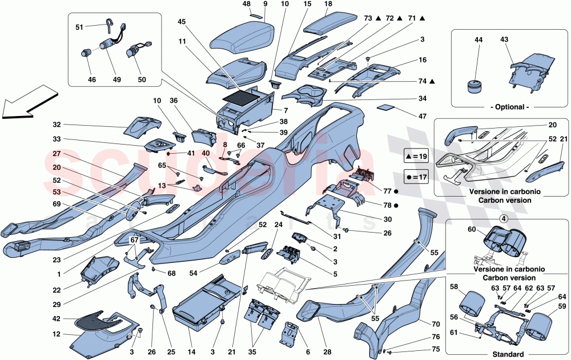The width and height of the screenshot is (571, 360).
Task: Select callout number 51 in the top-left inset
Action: pos(79,26)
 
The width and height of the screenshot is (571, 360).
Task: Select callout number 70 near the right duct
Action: pos(436,323)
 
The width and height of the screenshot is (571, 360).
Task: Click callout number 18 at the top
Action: pos(328,4)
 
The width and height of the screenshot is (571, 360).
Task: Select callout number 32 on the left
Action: pos(56,125)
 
